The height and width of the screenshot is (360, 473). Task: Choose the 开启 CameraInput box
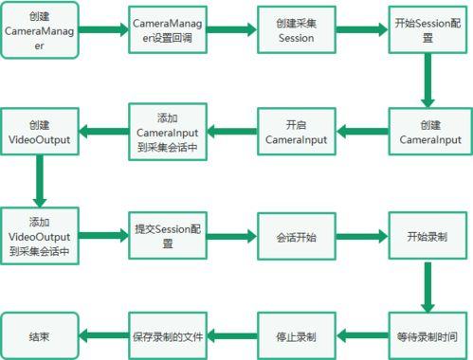296,132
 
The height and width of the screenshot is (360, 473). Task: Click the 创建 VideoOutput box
40,132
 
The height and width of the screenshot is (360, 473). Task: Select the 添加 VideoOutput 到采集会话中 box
40,234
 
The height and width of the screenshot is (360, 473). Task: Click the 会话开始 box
296,234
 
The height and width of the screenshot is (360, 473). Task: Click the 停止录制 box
296,336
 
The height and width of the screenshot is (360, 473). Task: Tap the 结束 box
40,336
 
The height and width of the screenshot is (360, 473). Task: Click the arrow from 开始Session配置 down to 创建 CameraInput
428,82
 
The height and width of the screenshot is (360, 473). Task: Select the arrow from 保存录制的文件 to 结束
103,336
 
